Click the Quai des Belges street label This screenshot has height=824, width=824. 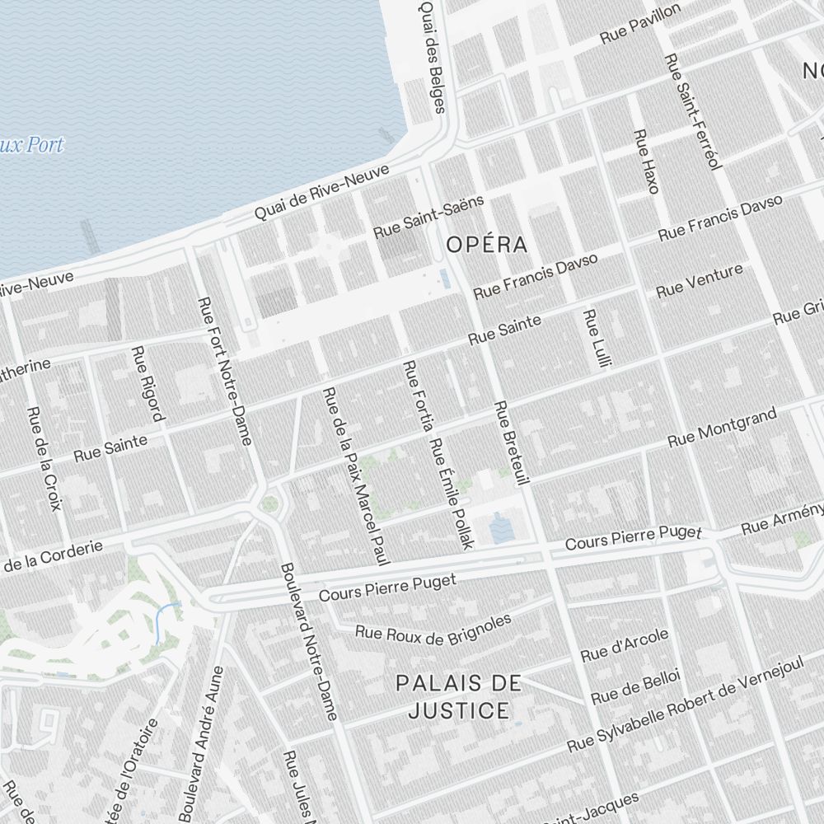tap(432, 56)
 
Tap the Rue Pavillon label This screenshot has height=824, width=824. tap(640, 24)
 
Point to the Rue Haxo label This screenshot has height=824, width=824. tap(646, 161)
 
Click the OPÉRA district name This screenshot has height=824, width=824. tap(486, 245)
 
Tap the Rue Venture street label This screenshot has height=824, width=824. tap(700, 280)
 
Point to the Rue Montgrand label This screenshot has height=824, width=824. tap(722, 428)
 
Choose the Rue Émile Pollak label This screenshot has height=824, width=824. tap(452, 494)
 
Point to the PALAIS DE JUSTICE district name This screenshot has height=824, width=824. tap(458, 696)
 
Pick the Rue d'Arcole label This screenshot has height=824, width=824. tap(624, 645)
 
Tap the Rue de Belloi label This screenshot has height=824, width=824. tap(634, 686)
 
